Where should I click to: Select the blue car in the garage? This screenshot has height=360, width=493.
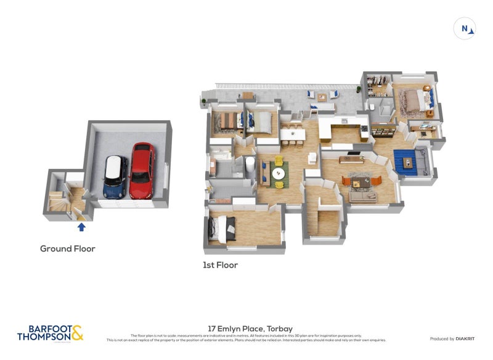pos(115,177)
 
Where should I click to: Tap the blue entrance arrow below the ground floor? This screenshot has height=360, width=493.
pos(81,227)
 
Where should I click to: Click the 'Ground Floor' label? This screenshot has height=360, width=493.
pos(67,249)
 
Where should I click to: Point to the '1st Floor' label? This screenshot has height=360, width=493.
pos(220,265)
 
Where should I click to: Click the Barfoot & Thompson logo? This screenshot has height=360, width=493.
pos(50,333)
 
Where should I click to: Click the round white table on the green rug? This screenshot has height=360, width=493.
pos(279,173)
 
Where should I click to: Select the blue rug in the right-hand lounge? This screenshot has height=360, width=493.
pos(406,162)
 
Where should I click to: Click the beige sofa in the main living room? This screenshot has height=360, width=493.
pos(363,196)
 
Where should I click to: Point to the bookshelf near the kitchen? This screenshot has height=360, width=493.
pos(383,130)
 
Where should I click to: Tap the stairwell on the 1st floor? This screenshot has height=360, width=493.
pos(322,219)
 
